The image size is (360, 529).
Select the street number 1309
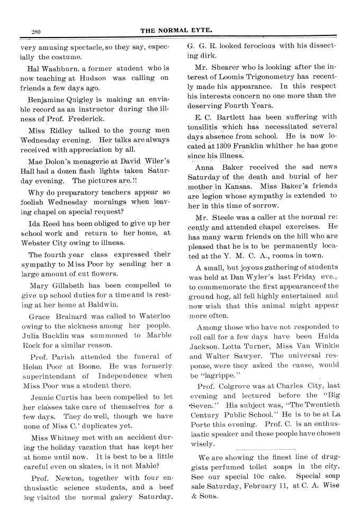(246, 146)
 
